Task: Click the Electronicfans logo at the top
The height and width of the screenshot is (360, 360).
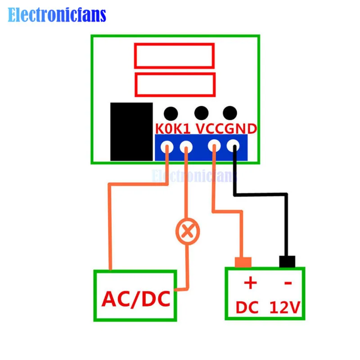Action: (x=57, y=15)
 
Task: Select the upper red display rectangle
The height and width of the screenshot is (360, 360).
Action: (x=174, y=44)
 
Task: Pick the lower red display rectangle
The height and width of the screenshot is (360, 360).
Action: (x=175, y=74)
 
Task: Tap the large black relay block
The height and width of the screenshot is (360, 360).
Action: (x=131, y=131)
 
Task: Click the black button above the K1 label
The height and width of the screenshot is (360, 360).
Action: (x=171, y=113)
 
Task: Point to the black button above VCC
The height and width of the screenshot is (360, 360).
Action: (x=201, y=113)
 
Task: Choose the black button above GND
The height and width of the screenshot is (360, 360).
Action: (x=230, y=113)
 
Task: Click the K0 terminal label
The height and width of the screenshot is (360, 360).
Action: (x=164, y=129)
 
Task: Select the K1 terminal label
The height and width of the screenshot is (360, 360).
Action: (x=182, y=129)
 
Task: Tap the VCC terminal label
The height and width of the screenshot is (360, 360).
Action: (x=210, y=129)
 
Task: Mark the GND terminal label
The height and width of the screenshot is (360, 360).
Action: (x=241, y=129)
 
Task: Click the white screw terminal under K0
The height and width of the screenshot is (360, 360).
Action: (x=166, y=147)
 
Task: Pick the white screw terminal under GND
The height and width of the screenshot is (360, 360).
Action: (x=233, y=145)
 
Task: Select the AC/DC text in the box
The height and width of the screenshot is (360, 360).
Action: (x=136, y=299)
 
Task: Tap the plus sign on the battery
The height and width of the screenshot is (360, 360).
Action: (x=250, y=283)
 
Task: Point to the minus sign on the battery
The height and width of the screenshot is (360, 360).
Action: (x=288, y=283)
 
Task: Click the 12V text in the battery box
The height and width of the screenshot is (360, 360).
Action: (x=285, y=307)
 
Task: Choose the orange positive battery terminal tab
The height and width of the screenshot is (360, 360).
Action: (x=243, y=262)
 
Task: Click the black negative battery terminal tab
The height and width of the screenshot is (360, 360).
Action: (x=287, y=261)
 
